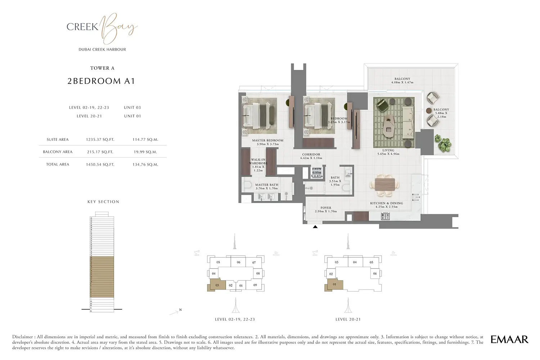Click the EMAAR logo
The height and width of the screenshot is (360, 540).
click(509, 339)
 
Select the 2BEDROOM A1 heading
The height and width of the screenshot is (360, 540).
click(101, 81)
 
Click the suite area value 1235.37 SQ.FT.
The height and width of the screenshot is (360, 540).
click(100, 140)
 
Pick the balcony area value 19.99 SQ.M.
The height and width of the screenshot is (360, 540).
click(145, 152)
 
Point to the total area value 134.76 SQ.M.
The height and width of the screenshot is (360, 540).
click(145, 165)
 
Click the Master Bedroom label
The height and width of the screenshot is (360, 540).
click(267, 142)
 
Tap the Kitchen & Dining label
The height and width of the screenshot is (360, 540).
click(386, 205)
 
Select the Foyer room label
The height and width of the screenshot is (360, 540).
click(326, 209)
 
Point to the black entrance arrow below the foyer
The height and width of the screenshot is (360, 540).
click(315, 227)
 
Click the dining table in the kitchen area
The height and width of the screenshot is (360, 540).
click(384, 184)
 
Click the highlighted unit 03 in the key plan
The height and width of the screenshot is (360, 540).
click(217, 285)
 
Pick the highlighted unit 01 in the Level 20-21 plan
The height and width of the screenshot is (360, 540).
click(334, 285)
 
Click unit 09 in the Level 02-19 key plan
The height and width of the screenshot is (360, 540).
click(255, 285)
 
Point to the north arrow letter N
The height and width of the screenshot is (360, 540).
click(180, 310)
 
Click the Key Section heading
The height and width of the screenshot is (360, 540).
click(103, 202)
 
